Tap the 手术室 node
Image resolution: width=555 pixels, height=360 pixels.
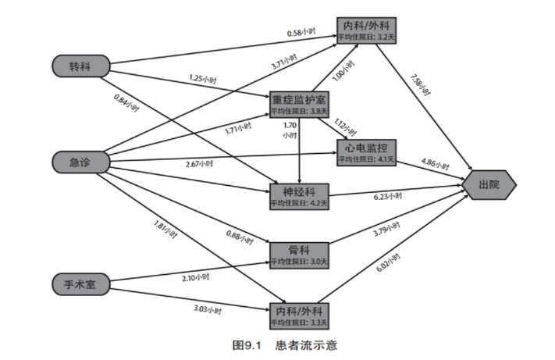80,284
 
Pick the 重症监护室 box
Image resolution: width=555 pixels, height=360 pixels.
300,105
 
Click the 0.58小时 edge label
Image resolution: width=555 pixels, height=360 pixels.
301,32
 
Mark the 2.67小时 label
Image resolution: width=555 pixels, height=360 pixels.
200,165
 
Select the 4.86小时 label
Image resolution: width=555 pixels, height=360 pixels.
435,166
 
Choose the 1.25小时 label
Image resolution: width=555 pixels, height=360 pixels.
202,79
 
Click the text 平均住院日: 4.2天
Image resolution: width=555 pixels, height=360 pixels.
300,203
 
